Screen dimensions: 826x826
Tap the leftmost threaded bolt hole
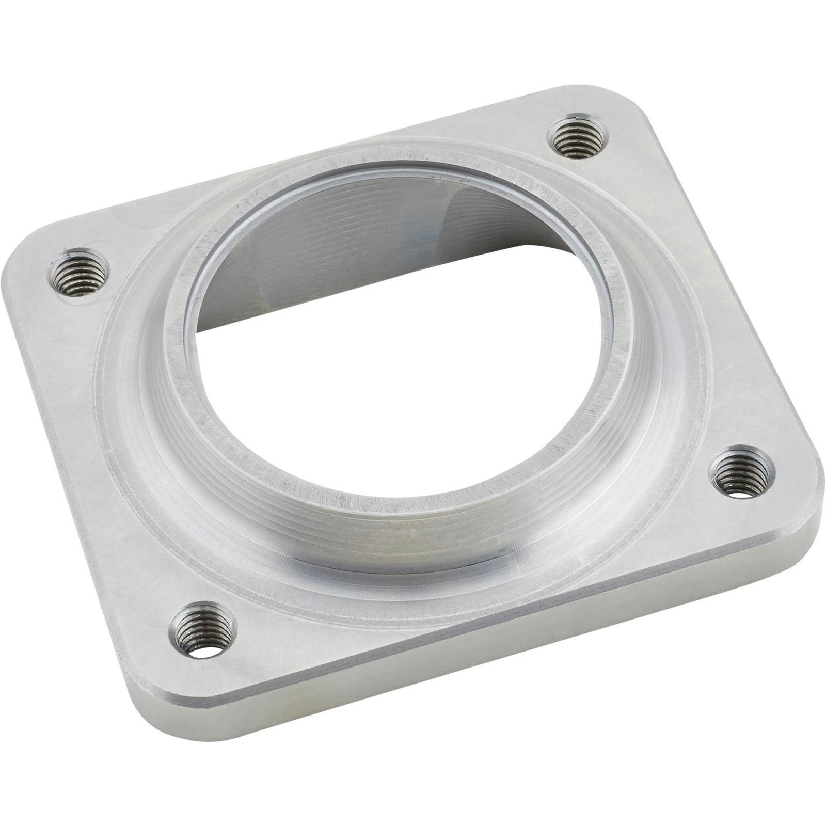pyautogui.click(x=80, y=273)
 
